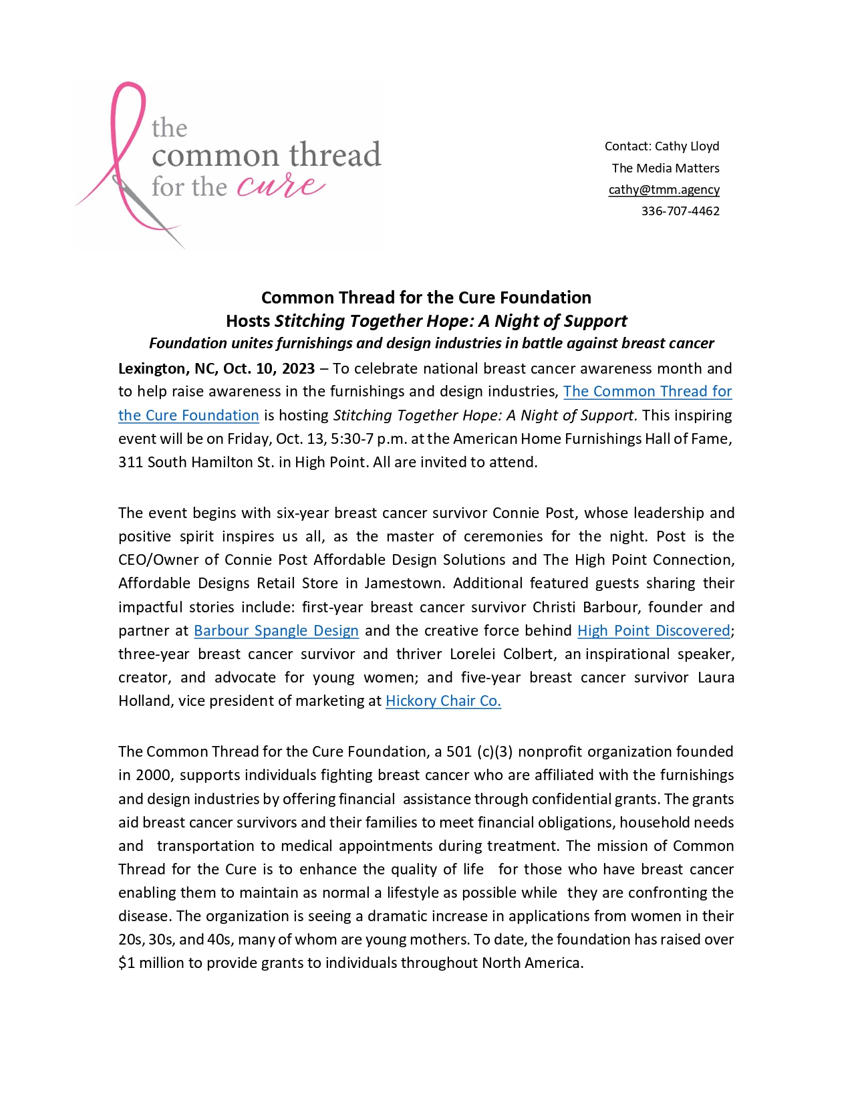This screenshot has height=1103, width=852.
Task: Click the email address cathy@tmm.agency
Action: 664,190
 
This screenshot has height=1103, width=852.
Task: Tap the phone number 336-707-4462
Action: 680,211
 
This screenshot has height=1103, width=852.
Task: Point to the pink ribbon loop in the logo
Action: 127,114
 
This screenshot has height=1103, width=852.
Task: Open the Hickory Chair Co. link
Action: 443,701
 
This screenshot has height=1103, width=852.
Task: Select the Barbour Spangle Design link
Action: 276,631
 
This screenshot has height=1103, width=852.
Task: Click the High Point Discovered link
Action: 654,631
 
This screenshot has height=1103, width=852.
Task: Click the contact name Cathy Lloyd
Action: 687,146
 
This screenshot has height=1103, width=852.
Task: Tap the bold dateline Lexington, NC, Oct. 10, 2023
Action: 217,369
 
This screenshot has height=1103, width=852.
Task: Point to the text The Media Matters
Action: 666,168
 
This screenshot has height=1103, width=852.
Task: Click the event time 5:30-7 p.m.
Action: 366,439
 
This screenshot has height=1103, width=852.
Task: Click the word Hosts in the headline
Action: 248,322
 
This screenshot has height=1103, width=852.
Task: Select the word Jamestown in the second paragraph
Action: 403,584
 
